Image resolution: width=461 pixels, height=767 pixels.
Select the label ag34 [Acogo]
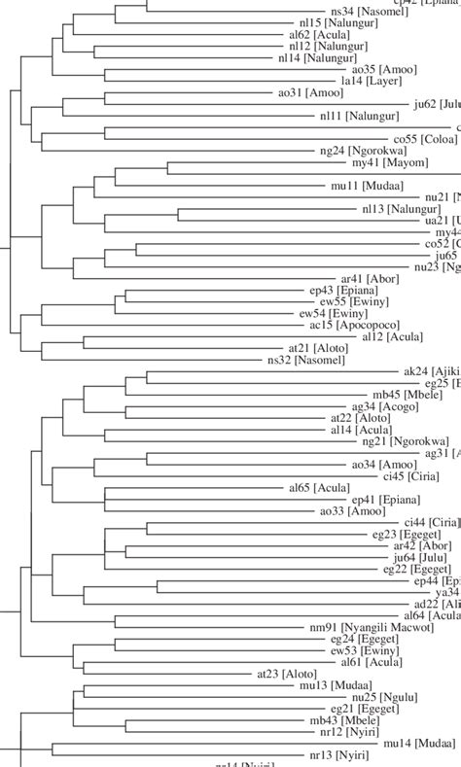point(383,406)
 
